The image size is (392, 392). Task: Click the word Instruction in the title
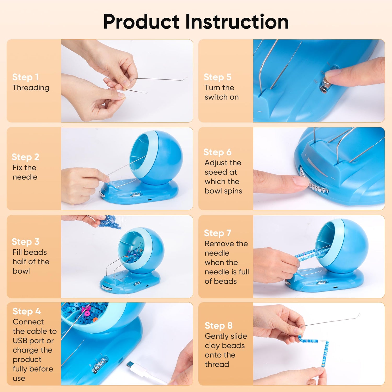[x=237, y=21]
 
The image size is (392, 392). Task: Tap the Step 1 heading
[x=26, y=77]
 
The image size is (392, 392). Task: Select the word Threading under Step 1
[x=31, y=88]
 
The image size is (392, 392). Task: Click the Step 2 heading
[x=26, y=157]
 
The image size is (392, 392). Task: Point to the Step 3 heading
[x=26, y=242]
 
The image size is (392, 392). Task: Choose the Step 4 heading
[x=27, y=312]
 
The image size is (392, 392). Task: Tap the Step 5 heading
[x=217, y=77]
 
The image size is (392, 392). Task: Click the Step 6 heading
[x=217, y=152]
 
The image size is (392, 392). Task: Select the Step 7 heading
[x=217, y=233]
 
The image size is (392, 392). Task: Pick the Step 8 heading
[x=218, y=326]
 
